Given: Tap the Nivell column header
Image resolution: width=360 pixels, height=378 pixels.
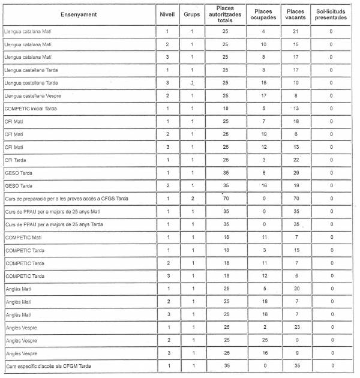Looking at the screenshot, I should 167,14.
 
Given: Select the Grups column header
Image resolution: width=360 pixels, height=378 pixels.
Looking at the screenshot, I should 192,14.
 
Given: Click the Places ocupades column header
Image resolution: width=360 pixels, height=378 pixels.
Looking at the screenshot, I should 263,14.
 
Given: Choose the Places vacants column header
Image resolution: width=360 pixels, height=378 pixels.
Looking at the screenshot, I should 296,14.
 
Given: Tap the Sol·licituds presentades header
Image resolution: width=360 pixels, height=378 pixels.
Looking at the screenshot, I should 331,14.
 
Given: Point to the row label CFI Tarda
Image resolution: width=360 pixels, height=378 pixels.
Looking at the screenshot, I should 17,160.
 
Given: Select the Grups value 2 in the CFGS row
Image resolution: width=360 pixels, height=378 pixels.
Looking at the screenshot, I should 192,199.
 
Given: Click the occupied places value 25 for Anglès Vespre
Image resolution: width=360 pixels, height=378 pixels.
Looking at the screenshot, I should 263,340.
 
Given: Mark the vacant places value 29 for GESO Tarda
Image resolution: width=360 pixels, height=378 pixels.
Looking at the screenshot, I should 296,173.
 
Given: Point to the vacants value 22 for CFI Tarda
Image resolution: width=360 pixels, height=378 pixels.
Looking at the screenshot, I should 296,160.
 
